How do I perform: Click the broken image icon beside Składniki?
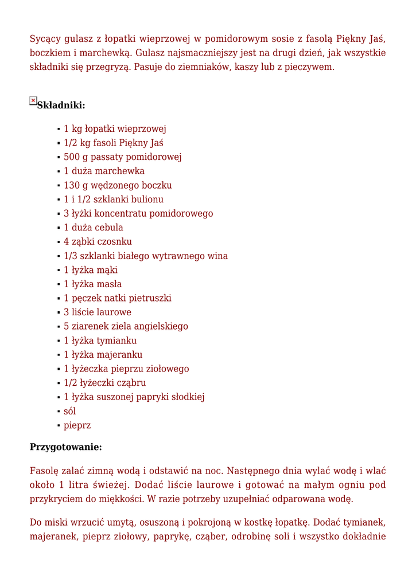click(x=33, y=100)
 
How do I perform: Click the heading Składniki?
click(x=61, y=105)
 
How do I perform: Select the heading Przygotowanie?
click(x=66, y=447)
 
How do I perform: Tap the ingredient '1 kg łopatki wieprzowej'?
click(x=115, y=129)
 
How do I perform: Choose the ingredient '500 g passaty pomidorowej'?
click(x=123, y=157)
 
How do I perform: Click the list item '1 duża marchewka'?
click(x=104, y=171)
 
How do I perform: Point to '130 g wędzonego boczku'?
click(x=118, y=185)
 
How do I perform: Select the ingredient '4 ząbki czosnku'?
click(x=98, y=241)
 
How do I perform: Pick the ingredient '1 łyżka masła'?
click(x=92, y=284)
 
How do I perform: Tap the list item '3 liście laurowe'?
click(x=97, y=312)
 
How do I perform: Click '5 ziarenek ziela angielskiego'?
click(x=126, y=326)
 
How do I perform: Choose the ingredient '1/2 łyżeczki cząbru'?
click(x=104, y=382)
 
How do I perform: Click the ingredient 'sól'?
click(x=69, y=411)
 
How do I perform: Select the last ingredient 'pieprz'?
click(x=77, y=425)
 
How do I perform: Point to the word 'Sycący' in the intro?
click(x=45, y=39)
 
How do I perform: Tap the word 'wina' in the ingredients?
click(x=218, y=256)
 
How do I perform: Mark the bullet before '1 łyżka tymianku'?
click(x=59, y=341)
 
